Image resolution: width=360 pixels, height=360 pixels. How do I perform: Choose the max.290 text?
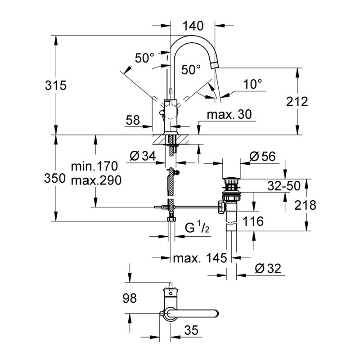click(x=96, y=181)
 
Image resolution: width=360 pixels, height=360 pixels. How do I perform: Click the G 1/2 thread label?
click(x=197, y=228)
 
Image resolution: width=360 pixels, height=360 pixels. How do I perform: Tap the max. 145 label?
click(x=201, y=258)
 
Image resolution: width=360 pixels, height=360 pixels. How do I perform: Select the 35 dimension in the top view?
click(x=191, y=331)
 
